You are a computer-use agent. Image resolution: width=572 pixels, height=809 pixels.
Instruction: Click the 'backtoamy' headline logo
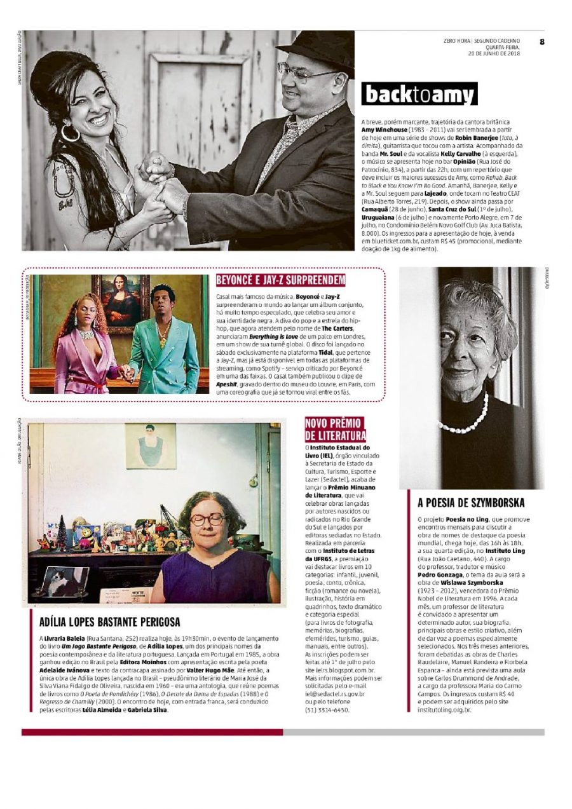(419, 94)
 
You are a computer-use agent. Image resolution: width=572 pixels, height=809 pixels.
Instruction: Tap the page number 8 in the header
(542, 42)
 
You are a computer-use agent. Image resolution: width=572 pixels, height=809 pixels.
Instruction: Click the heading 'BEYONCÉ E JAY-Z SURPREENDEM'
(280, 280)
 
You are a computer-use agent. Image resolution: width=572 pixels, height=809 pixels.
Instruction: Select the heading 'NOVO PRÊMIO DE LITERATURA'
(336, 429)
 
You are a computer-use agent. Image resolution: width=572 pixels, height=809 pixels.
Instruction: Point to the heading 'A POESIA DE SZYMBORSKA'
(471, 503)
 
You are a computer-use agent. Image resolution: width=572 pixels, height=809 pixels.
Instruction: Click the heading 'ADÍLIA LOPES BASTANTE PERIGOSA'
(110, 622)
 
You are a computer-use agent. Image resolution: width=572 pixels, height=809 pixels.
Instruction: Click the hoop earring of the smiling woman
(69, 133)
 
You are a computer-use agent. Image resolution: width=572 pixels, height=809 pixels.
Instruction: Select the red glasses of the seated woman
(207, 519)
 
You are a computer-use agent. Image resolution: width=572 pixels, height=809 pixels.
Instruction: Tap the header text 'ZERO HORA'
(457, 41)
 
